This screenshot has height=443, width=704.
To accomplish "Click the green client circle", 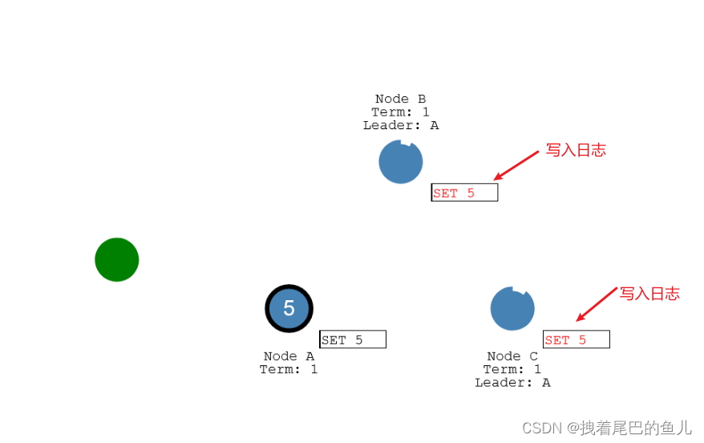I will pos(117,259).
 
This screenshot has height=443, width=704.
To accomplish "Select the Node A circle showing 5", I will pos(289,308).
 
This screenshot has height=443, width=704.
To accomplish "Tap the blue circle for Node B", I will pos(400,162).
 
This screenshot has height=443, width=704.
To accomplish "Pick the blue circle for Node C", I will pos(512,308).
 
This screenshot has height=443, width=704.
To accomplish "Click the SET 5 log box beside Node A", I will pos(353,339).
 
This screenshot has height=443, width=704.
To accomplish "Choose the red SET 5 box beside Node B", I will pos(464,193).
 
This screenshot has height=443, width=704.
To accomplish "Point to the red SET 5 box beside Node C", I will pos(576,339).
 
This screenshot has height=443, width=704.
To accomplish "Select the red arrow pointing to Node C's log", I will pos(597,305).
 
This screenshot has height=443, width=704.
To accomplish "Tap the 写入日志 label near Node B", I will pos(576,150).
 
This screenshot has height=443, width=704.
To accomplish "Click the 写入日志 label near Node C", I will pos(649,294).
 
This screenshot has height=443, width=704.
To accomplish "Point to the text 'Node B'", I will pos(400,100).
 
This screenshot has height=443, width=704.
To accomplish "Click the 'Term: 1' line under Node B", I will pos(400,112).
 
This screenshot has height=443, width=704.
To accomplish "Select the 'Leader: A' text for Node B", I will pos(400,125).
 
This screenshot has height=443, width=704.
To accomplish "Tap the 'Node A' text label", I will pos(289,356).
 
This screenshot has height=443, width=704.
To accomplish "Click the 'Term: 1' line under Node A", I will pos(289,369).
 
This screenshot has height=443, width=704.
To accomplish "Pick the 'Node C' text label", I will pos(512,356).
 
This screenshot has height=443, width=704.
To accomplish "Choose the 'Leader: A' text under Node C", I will pos(512,382).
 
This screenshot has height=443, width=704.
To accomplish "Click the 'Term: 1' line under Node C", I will pos(512,369).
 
